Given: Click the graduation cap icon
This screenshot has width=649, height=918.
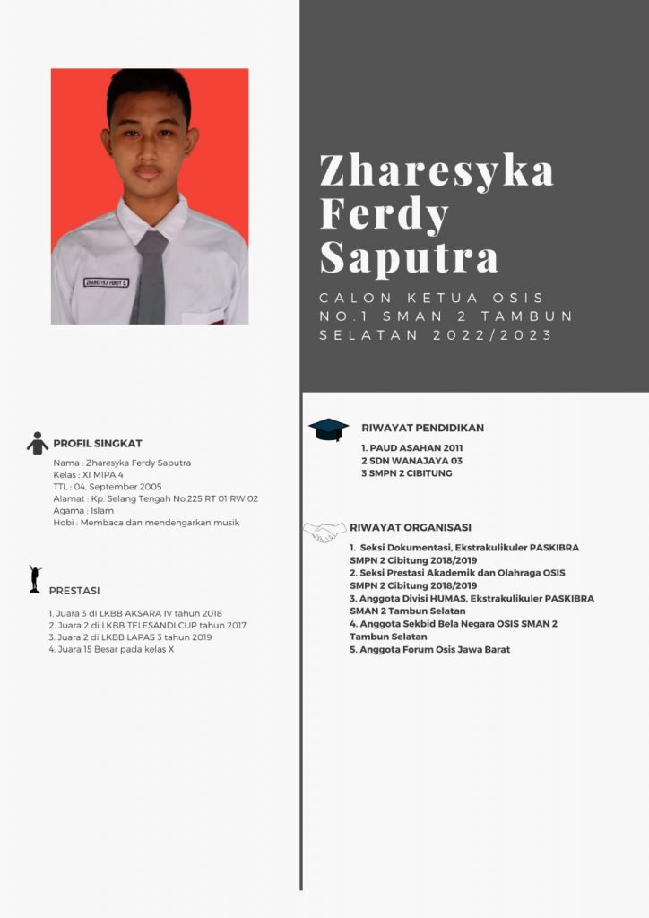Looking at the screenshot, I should (328, 429).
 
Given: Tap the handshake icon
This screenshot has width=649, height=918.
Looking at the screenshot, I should (324, 533).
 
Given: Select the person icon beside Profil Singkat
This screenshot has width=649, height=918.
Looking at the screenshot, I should (38, 443).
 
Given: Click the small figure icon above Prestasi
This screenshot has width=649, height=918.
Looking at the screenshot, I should (35, 579).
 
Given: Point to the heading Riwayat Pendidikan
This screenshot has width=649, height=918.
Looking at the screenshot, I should (422, 429).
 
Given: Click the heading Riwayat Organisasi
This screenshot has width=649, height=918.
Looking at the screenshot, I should (411, 528).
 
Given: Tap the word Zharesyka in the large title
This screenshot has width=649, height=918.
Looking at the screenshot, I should (437, 170).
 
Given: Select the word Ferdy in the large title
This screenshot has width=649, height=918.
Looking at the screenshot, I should (384, 214).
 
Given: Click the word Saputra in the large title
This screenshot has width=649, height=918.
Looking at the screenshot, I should (409, 257).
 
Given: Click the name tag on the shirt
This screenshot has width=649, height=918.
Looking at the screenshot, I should (107, 282).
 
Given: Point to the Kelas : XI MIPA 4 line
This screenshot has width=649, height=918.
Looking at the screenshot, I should (89, 475).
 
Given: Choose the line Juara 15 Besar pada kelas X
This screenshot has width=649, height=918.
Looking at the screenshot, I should (111, 649).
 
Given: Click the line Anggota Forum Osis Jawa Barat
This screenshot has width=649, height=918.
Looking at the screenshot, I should (429, 649).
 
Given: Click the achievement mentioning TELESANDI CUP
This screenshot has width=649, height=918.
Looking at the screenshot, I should (147, 625).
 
